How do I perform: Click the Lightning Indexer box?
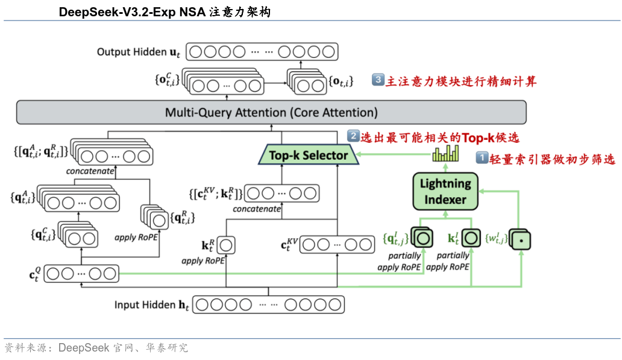pos(445,191)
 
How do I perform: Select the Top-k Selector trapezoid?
pos(308,156)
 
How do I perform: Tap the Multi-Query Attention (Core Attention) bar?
pos(271,113)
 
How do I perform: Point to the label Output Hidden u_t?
pos(139,52)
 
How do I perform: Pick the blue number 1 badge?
pos(482,159)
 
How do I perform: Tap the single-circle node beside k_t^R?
pos(226,245)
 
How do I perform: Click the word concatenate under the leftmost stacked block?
pos(90,171)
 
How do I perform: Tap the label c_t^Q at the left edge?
pos(35,274)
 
